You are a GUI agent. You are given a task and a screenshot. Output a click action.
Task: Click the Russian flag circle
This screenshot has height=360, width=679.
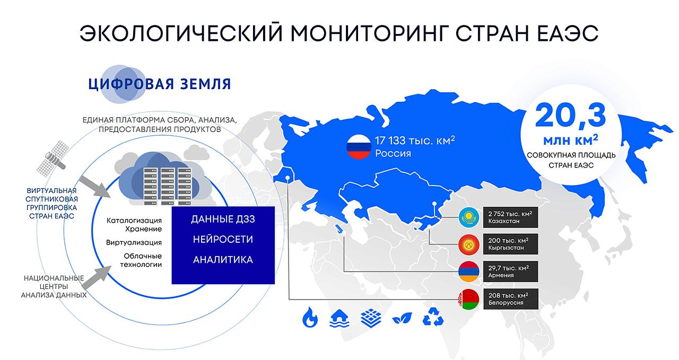coord(359,147)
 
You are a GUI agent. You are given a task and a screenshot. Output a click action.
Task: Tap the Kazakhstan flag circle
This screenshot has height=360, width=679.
coord(469,217)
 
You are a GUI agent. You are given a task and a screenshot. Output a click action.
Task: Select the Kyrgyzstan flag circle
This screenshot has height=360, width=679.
coord(469,244)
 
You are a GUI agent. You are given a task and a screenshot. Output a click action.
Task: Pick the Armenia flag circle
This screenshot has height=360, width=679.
coord(469,271)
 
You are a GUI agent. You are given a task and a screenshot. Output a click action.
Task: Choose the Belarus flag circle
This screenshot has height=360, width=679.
coord(469,299)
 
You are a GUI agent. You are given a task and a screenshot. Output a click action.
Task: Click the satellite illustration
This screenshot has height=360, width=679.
coord(52,159)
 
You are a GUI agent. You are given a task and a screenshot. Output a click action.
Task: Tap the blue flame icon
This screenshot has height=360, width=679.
coord(310,317)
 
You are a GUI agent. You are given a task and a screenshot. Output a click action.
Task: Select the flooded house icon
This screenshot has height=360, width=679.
coord(339,318)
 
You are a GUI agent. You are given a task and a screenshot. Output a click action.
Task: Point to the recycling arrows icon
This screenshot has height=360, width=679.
coord(433,317)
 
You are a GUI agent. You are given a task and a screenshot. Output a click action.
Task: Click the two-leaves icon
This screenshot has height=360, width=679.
coord(402,318)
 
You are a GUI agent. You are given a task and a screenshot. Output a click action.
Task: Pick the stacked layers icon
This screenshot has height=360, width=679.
coord(371,318)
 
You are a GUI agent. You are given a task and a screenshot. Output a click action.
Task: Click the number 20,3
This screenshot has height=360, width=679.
coord(571,116)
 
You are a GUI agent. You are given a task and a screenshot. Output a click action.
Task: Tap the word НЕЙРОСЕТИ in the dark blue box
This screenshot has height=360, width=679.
coord(223,240)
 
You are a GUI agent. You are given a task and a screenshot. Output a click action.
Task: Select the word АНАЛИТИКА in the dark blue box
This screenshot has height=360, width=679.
coord(223,260)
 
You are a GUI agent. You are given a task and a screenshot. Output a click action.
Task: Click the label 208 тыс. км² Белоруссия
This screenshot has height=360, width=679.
coord(511,299)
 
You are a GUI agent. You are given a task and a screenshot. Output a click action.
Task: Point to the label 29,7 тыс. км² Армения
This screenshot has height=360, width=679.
coord(511,271)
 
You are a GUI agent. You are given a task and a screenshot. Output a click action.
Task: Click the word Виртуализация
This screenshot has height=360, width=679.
coord(134,242)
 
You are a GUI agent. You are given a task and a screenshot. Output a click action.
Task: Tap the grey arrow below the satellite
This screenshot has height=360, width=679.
coord(94,187)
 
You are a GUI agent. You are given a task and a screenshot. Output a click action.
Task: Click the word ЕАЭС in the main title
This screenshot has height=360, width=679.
coord(568,33)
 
